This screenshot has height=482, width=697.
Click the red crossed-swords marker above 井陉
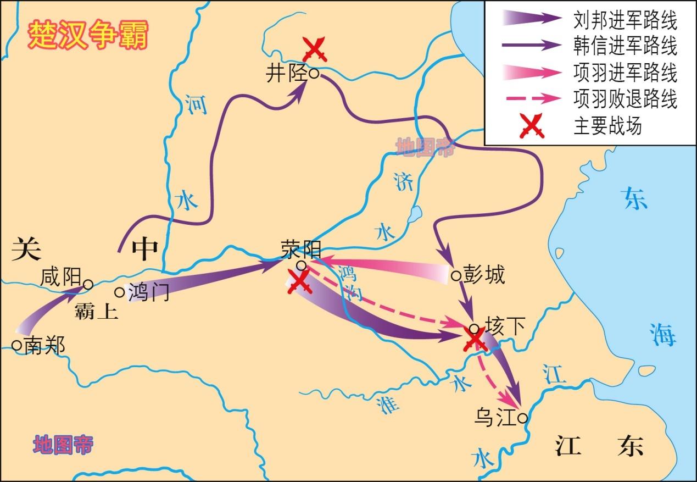pyautogui.click(x=315, y=49)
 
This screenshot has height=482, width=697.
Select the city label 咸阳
pyautogui.click(x=60, y=277)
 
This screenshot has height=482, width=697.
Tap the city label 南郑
pyautogui.click(x=44, y=346)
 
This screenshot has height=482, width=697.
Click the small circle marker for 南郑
pyautogui.click(x=16, y=345)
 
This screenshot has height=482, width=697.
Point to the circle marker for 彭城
pyautogui.click(x=455, y=275)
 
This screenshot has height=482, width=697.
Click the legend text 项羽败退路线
pyautogui.click(x=625, y=100)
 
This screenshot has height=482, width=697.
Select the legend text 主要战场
pyautogui.click(x=607, y=127)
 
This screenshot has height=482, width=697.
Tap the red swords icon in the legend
pyautogui.click(x=531, y=127)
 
